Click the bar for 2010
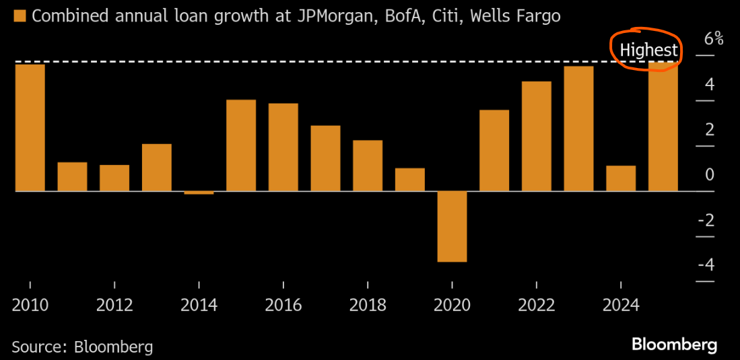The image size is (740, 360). [x=30, y=127]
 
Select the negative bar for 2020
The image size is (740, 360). [x=452, y=226]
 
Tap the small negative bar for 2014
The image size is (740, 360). [x=199, y=192]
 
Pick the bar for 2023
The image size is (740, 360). [x=578, y=129]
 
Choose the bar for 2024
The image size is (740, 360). [x=621, y=178]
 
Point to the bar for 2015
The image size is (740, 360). [x=241, y=145]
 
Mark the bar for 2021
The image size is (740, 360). [x=494, y=150]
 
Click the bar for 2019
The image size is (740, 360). [x=409, y=180]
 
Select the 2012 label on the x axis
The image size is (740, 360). [x=114, y=305]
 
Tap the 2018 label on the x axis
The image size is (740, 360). [x=368, y=305]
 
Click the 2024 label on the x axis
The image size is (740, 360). [x=621, y=305]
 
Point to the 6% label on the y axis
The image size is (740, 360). [x=713, y=39]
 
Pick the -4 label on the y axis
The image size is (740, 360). [x=705, y=264]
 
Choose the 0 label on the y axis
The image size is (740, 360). [x=709, y=175]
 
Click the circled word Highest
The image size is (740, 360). [x=648, y=50]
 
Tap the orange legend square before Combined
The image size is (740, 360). [x=20, y=15]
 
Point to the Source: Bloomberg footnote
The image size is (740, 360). [x=82, y=347]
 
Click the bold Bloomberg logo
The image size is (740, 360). [x=674, y=345]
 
